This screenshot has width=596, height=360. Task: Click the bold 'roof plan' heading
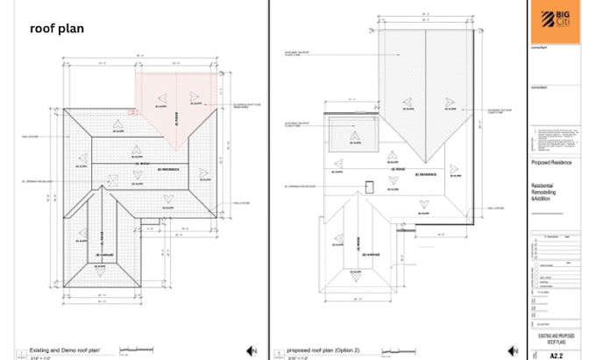click(56, 28)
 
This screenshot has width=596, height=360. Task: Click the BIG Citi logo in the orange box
click(554, 19)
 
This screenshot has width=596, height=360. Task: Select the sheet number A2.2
click(555, 354)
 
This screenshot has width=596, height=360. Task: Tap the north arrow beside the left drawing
click(252, 351)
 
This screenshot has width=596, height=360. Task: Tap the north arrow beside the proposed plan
click(516, 351)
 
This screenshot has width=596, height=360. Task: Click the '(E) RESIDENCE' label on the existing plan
click(167, 169)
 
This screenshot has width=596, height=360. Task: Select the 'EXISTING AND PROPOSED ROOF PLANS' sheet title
click(554, 339)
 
